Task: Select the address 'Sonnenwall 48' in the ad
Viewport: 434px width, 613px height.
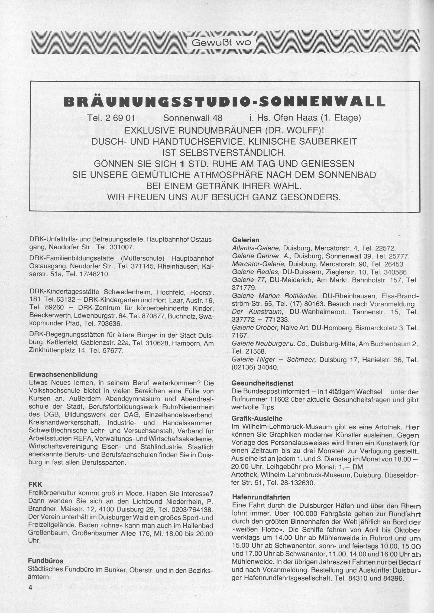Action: click(193, 119)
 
